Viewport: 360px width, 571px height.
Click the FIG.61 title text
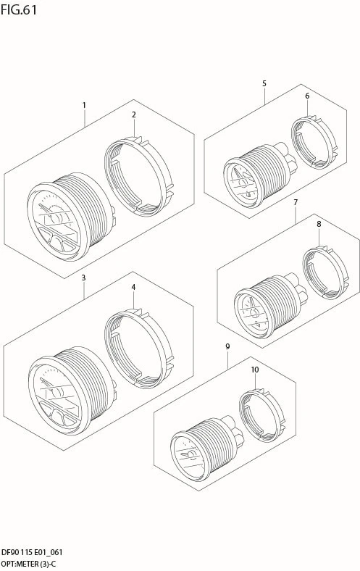(x=19, y=10)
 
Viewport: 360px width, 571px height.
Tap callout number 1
(x=84, y=105)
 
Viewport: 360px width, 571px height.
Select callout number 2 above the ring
(x=133, y=114)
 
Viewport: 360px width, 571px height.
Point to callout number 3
(x=83, y=278)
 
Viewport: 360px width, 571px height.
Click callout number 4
(x=133, y=288)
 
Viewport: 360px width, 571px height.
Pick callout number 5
(x=264, y=83)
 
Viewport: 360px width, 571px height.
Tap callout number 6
(x=307, y=96)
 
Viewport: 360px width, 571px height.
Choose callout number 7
(x=296, y=202)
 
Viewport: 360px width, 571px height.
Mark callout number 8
(x=319, y=224)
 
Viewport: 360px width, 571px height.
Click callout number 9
(x=227, y=346)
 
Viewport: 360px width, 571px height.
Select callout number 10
(x=255, y=370)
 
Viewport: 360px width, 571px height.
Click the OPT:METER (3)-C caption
(x=29, y=564)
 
